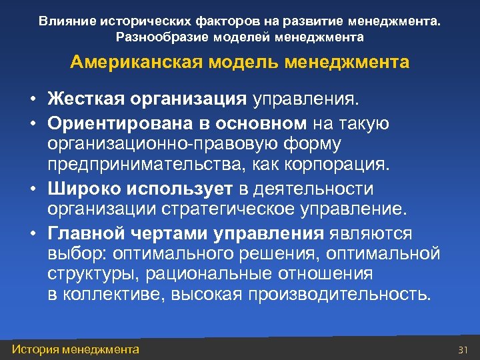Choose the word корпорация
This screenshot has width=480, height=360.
[x=340, y=164]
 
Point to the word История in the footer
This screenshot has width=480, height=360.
[x=36, y=349]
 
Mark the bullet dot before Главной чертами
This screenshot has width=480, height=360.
[x=32, y=234]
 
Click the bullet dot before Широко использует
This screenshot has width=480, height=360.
[x=32, y=189]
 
